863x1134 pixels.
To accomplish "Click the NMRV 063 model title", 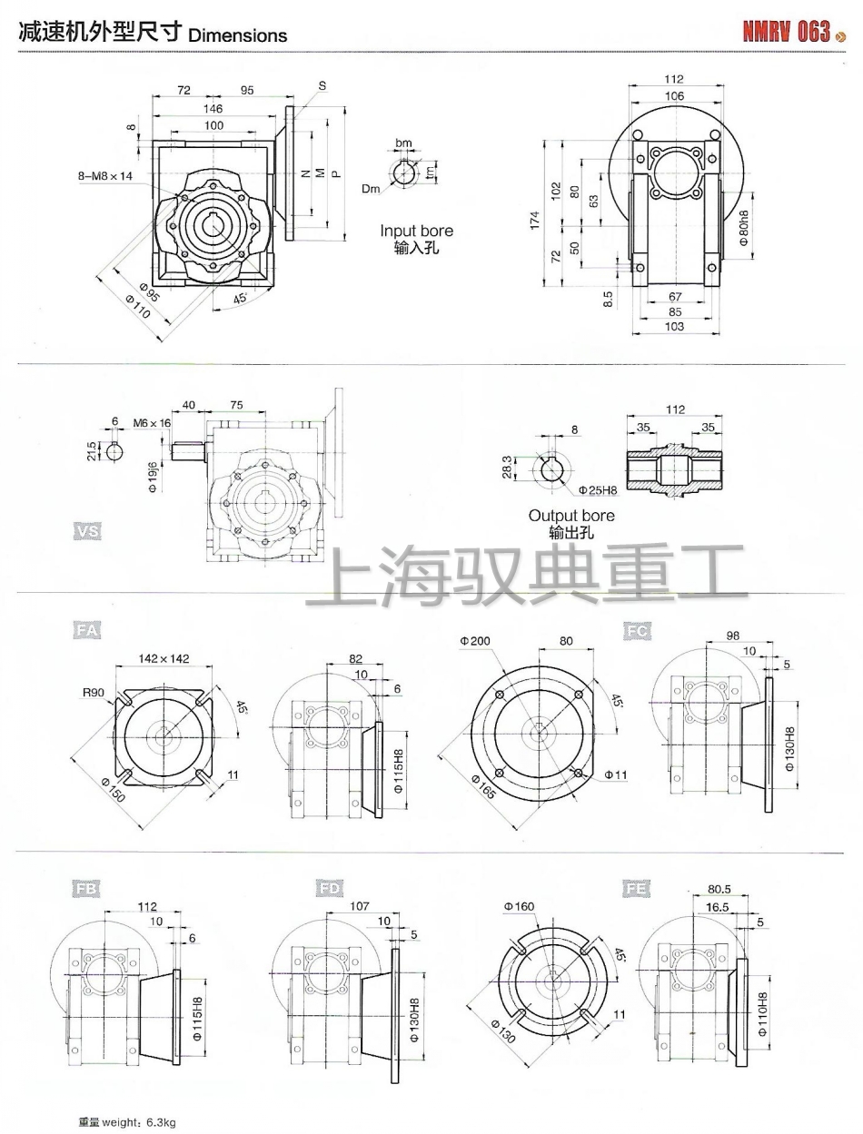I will point(787,33).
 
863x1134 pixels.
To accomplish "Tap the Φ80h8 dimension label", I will point(743,229).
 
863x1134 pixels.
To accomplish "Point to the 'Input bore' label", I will point(416,232).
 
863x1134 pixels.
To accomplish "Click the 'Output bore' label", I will point(571,516).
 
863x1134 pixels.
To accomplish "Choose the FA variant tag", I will point(86,629).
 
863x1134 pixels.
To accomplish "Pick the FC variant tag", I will point(637,629).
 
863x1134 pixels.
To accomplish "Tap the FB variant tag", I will point(86,890).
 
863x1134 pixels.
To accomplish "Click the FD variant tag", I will point(330,890).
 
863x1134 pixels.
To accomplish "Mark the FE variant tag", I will point(637,890).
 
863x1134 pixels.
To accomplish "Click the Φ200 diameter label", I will point(475,641).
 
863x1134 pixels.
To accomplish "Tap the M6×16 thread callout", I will point(152,423).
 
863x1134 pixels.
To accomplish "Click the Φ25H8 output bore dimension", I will point(598,490).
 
